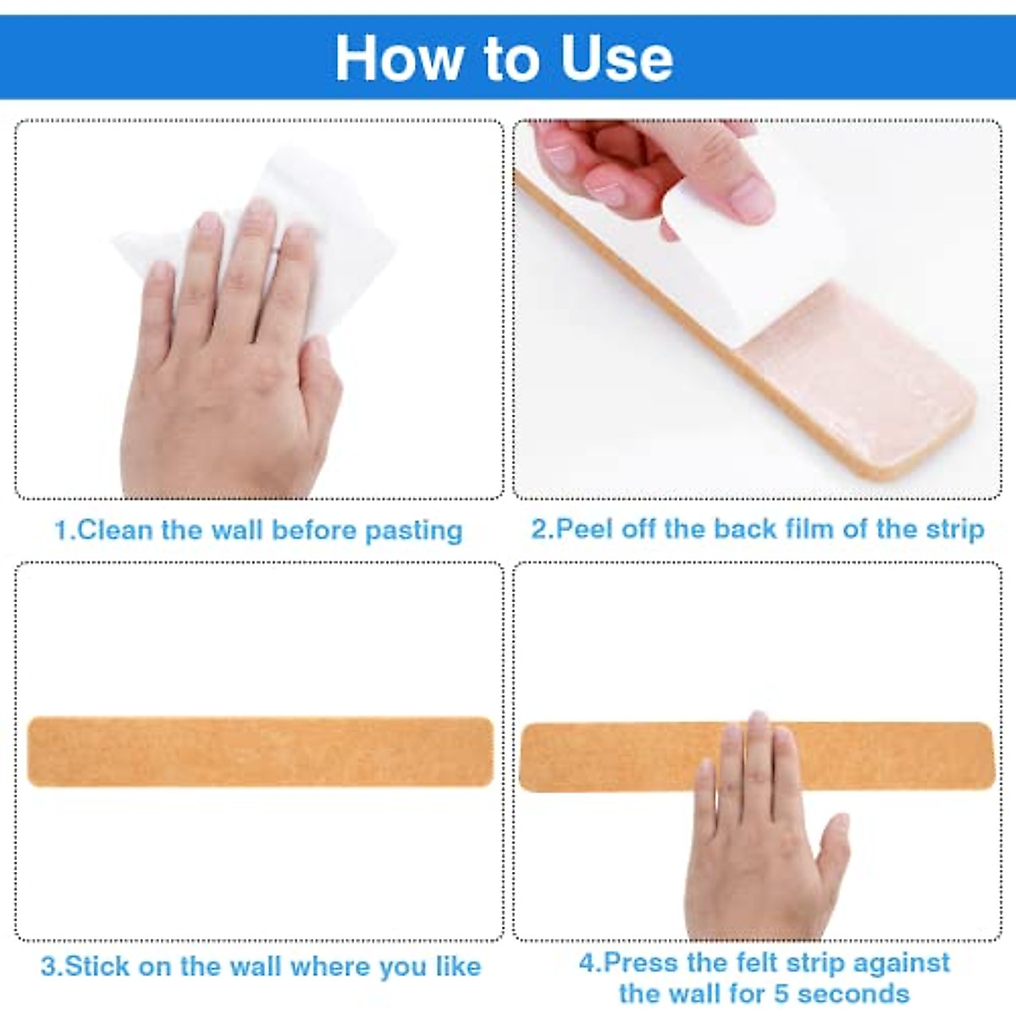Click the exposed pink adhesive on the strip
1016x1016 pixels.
pos(855,381)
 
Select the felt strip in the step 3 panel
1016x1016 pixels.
pos(260,752)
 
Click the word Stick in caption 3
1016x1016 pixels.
pos(97,967)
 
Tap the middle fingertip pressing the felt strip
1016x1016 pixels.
pos(757,725)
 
